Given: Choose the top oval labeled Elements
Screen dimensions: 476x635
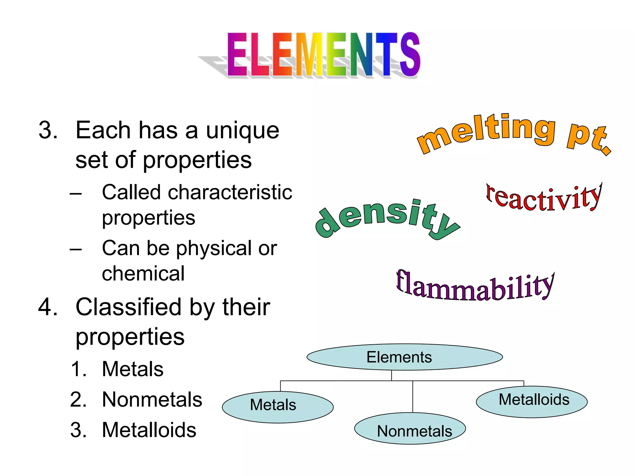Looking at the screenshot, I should (x=404, y=357).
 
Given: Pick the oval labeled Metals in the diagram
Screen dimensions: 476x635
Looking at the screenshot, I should (x=278, y=407).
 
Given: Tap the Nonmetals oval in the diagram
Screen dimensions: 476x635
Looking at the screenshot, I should (x=410, y=429).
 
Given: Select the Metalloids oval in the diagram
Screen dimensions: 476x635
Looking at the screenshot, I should (x=531, y=402).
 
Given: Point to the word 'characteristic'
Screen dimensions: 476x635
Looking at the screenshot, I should (x=230, y=192).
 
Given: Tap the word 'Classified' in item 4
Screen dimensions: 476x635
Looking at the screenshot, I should (x=128, y=307).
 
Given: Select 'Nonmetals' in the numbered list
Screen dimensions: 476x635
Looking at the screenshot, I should (x=152, y=399).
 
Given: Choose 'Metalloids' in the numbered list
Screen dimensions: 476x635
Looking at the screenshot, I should (x=149, y=430).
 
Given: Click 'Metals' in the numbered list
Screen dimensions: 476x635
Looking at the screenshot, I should (x=133, y=369).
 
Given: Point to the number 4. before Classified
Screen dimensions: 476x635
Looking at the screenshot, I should (x=48, y=307).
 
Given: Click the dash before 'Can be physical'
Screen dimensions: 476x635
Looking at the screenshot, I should (x=76, y=249).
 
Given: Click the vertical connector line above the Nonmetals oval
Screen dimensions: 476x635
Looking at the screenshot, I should (x=413, y=397).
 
